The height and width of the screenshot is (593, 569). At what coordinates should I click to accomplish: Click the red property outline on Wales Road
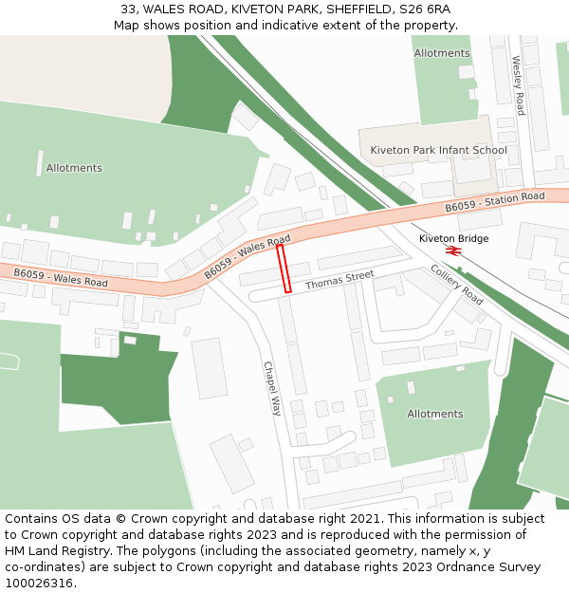coord(284,269)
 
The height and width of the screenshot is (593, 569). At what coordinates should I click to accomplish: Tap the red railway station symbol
coord(453,250)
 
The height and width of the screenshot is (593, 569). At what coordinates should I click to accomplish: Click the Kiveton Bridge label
coord(453,238)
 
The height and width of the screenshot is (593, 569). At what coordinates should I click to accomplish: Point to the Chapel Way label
coord(272,388)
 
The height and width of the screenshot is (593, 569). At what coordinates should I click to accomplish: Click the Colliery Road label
coord(457,285)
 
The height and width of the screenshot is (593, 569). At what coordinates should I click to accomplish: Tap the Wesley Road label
coord(518,85)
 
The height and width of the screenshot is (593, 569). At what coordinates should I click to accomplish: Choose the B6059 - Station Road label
coord(495,202)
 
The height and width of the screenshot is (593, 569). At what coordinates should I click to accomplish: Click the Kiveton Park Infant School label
coord(438,150)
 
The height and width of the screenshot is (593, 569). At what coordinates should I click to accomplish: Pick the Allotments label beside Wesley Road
coord(441,53)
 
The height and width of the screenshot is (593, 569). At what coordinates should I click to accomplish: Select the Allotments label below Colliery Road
coord(435,414)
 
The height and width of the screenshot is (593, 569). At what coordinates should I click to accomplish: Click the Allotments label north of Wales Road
coord(74,168)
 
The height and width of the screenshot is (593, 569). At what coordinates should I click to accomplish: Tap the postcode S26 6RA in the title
coord(425,9)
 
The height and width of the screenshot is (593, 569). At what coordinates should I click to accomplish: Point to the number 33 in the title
coord(128,9)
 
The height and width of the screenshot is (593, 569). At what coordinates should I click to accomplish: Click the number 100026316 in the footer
coord(39,584)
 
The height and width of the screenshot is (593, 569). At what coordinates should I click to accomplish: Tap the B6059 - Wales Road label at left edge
coord(60,277)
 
